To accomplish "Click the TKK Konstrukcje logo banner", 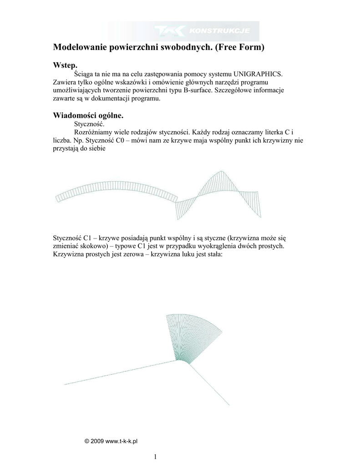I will [207, 31].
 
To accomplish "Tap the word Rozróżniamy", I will [94, 132].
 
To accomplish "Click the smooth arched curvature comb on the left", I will [116, 191].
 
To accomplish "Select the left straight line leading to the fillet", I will [118, 373].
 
